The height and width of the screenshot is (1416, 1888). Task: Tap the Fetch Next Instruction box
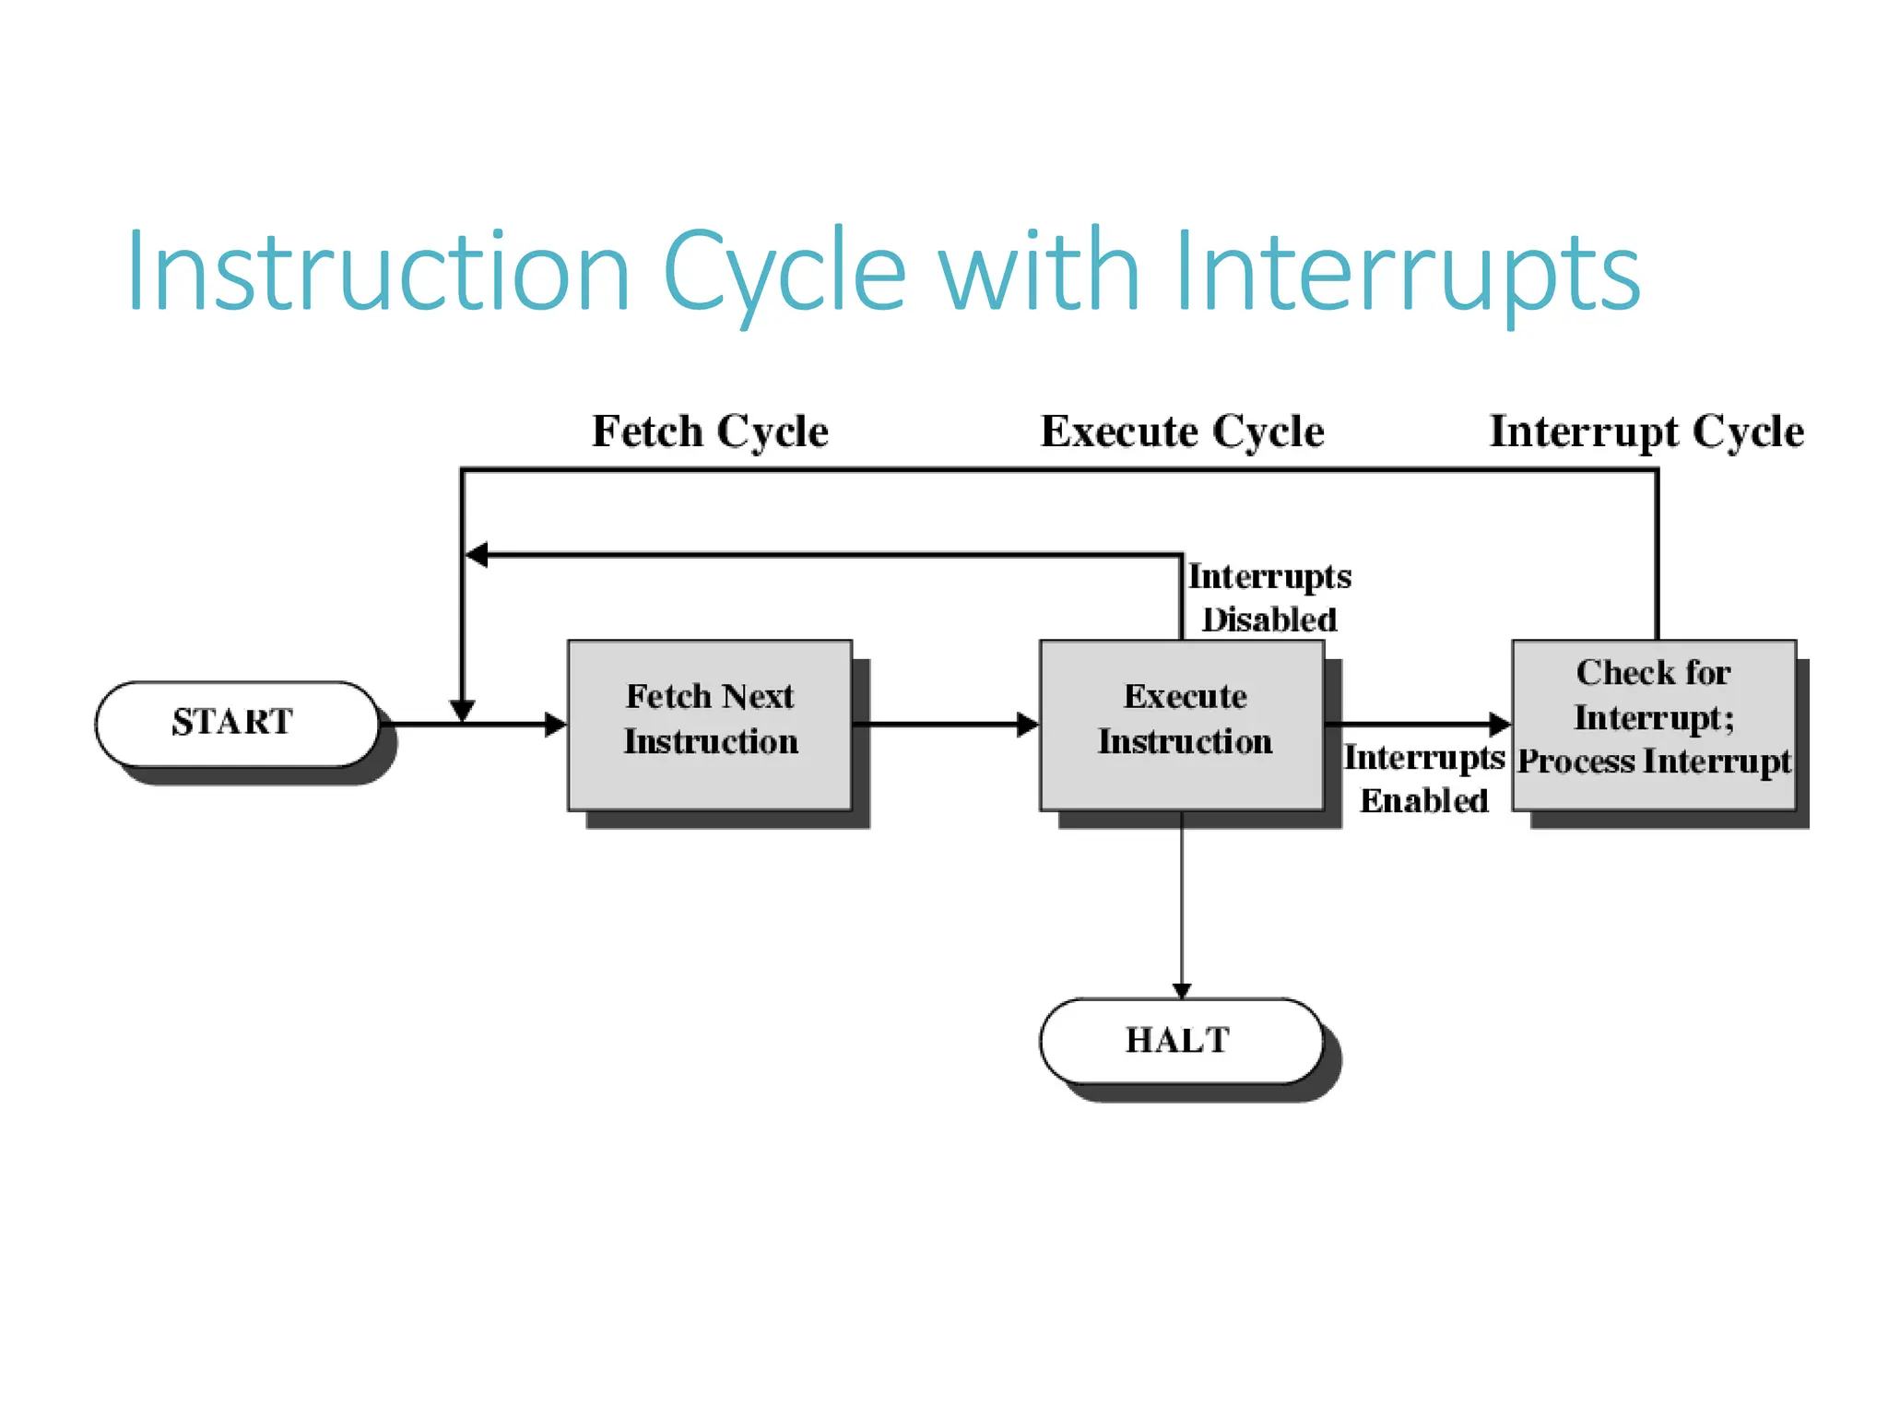[709, 725]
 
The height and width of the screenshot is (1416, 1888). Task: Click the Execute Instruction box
[1182, 725]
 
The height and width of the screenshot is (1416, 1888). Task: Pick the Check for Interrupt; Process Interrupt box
[1654, 725]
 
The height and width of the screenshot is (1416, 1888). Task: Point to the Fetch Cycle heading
[710, 431]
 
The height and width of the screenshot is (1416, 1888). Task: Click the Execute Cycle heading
[1182, 431]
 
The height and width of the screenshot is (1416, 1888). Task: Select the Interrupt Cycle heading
[1646, 431]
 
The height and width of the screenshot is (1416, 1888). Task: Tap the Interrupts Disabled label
[1268, 597]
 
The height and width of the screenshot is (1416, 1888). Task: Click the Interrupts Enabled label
[1423, 779]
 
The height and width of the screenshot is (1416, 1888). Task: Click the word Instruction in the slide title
[378, 273]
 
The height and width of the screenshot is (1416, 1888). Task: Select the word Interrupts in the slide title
[1407, 273]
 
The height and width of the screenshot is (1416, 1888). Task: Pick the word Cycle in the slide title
[784, 273]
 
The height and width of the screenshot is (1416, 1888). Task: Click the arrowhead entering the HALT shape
[1182, 990]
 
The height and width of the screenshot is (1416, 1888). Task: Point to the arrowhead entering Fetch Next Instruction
[556, 725]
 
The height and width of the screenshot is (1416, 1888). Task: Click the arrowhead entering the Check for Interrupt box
[1500, 725]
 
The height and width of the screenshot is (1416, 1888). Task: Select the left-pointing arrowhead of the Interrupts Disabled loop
[477, 555]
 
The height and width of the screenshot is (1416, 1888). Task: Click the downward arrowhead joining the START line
[462, 710]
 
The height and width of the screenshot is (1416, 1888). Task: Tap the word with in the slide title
[1039, 273]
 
